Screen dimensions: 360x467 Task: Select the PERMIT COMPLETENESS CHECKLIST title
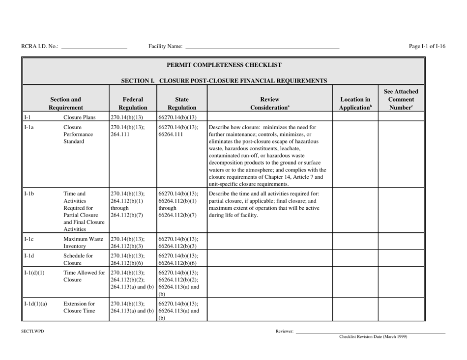(224, 64)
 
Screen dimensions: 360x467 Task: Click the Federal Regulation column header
(126, 102)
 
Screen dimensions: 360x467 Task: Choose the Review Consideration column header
(269, 102)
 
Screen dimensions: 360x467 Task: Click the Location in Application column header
(355, 102)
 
